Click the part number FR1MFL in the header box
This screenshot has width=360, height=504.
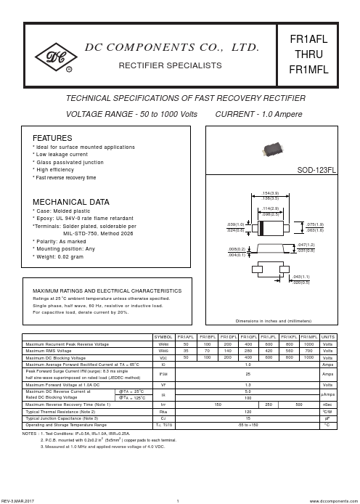308,70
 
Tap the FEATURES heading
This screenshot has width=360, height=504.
52,137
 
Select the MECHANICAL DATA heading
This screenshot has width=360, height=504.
71,202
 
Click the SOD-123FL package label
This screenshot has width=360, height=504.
316,169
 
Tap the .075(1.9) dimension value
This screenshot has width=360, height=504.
315,225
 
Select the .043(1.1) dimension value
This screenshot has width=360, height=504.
302,277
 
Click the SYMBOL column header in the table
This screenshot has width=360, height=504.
163,337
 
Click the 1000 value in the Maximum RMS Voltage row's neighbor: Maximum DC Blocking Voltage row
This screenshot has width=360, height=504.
309,357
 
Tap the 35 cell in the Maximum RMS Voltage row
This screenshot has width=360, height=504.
186,351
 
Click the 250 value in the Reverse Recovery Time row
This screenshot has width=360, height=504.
269,404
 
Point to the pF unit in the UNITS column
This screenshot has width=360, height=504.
328,418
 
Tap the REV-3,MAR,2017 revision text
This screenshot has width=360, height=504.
17,500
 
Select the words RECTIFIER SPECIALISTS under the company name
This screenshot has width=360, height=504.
170,65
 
